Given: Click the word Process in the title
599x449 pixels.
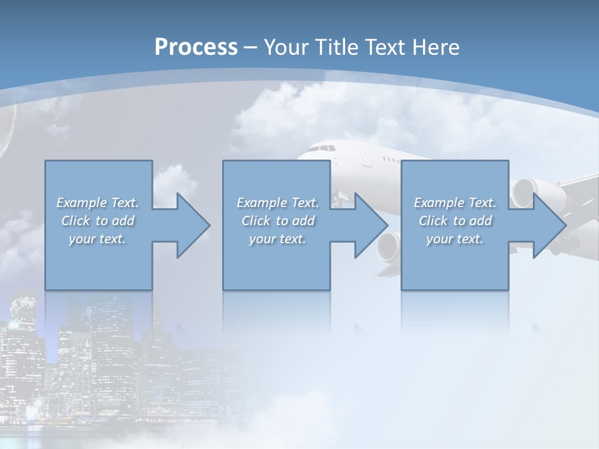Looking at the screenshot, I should pyautogui.click(x=196, y=47).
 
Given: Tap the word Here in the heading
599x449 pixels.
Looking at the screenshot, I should pyautogui.click(x=437, y=47).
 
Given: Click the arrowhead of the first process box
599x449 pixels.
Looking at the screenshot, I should pyautogui.click(x=194, y=225).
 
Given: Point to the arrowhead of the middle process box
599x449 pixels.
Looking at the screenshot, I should pyautogui.click(x=372, y=225).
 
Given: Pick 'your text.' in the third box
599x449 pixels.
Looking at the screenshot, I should pyautogui.click(x=455, y=239).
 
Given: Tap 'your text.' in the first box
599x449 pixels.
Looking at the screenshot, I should pyautogui.click(x=97, y=239).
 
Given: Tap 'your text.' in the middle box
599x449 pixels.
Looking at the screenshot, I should pyautogui.click(x=278, y=239).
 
